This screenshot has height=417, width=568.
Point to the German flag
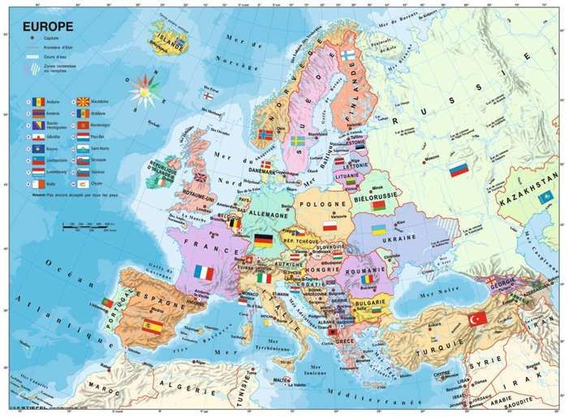263,239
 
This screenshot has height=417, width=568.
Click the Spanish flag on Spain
152,326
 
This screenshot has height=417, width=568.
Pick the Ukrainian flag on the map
378,231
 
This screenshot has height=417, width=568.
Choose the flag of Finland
347,55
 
